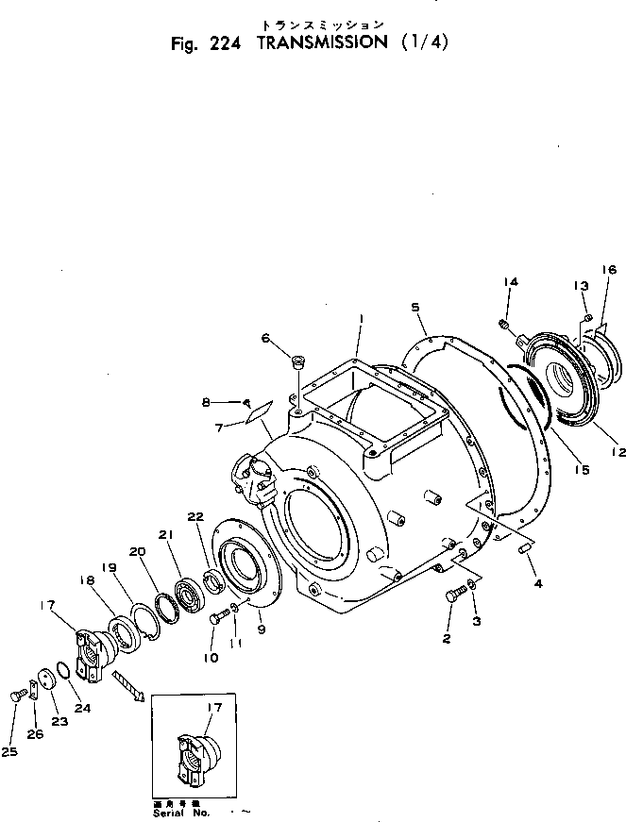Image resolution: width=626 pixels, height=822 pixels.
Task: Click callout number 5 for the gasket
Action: pos(415,307)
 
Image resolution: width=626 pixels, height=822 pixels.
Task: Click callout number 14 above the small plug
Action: pos(510,282)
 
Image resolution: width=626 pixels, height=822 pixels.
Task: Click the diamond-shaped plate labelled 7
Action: pos(258,411)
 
